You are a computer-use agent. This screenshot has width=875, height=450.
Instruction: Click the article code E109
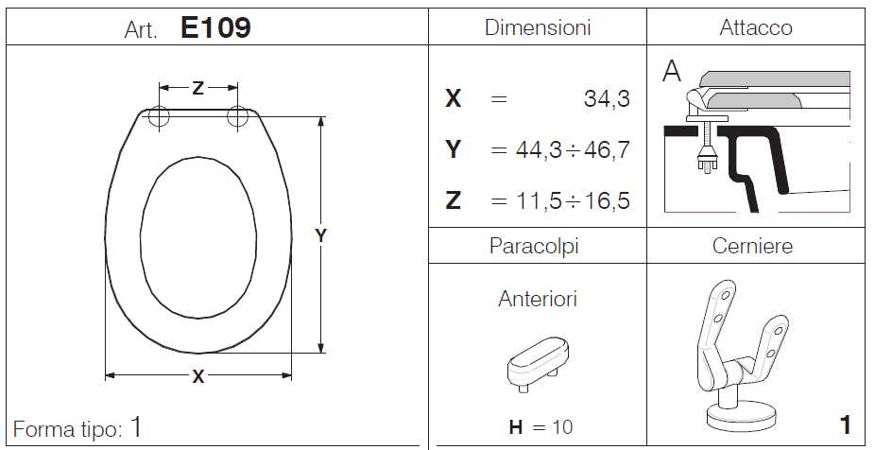(x=216, y=27)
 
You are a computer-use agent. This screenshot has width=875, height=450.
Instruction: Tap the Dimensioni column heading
(x=538, y=27)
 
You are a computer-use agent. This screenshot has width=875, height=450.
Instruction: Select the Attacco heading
(x=756, y=27)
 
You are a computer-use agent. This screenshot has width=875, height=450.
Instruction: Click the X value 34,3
(x=607, y=99)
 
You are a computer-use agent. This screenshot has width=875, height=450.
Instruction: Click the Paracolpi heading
(x=534, y=246)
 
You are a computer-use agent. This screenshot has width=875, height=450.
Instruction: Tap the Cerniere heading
(x=752, y=246)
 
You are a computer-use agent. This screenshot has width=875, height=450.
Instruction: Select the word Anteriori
(x=538, y=299)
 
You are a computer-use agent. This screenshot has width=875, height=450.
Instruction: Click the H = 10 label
(x=540, y=427)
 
